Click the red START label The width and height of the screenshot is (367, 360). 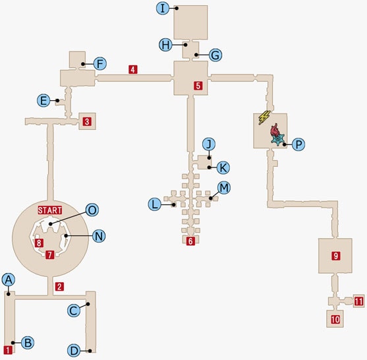click(50, 210)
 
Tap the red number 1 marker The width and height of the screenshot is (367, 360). click(8, 350)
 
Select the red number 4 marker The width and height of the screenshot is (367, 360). click(133, 70)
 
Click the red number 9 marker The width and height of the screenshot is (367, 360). click(336, 256)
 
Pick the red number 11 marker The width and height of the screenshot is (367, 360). click(359, 301)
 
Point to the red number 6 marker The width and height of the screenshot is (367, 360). click(190, 241)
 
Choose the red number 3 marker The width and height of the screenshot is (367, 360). click(87, 121)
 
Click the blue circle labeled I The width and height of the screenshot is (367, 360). click(163, 8)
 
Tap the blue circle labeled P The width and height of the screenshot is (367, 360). click(298, 144)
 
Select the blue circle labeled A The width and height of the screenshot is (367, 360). click(9, 280)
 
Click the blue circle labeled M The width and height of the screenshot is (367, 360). click(224, 188)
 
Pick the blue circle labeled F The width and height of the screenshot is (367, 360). click(100, 64)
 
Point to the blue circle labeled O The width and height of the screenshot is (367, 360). click(92, 210)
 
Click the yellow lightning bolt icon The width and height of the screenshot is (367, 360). click(264, 117)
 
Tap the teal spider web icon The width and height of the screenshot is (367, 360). click(278, 139)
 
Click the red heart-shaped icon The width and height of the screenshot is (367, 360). click(275, 129)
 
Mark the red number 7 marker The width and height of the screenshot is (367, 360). click(50, 255)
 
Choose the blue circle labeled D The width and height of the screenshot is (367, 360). click(74, 351)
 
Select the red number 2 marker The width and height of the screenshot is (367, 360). click(59, 286)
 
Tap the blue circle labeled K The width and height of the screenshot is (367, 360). click(223, 167)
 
